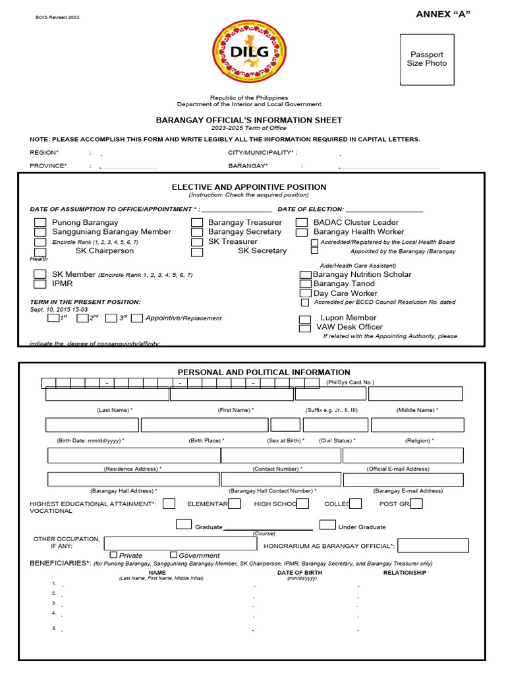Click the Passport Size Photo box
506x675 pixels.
click(427, 59)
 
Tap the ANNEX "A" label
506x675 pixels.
click(443, 15)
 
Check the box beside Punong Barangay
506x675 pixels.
click(40, 223)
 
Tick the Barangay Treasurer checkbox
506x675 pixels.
click(197, 223)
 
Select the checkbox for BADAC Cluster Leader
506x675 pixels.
click(302, 223)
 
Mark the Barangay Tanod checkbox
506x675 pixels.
click(305, 284)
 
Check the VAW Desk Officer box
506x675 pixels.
click(304, 328)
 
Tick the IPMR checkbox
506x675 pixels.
click(40, 284)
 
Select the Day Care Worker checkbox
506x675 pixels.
click(305, 293)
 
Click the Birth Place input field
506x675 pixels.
click(204, 425)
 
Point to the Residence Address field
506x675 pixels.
click(134, 455)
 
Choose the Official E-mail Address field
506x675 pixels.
click(403, 455)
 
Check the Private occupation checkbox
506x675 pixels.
click(113, 555)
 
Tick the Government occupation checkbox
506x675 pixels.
click(173, 555)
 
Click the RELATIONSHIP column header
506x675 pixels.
click(405, 573)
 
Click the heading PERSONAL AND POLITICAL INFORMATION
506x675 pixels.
click(264, 372)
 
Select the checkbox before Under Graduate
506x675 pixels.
click(327, 525)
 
